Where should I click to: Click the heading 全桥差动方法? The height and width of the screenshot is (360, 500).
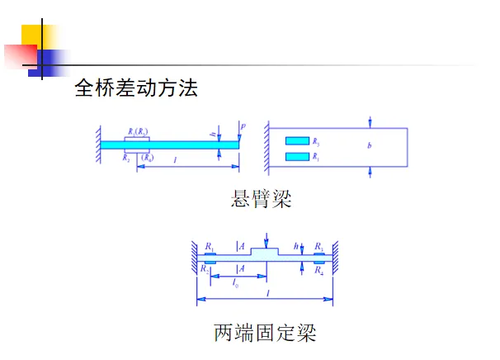136,88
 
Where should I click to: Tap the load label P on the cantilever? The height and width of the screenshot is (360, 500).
243,126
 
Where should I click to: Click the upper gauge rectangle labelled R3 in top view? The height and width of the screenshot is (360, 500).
296,141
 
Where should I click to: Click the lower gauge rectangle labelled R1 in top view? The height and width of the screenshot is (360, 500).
296,155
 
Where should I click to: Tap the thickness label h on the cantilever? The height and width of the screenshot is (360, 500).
213,135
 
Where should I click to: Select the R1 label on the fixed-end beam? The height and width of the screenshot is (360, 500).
210,246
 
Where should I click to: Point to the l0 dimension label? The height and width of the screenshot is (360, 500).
237,282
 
